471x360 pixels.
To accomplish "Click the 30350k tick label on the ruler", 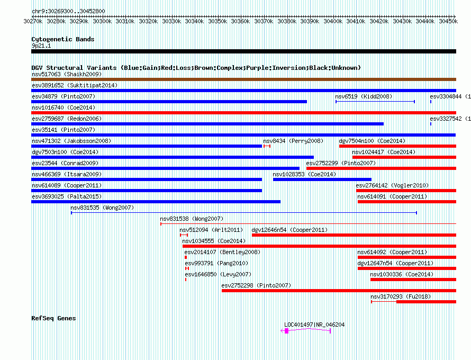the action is [218, 21].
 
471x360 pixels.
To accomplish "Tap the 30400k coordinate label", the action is [333, 21].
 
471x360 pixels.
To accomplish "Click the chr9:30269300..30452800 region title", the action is [68, 12].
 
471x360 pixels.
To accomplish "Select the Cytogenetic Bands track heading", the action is [63, 39].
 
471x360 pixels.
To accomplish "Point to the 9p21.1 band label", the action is [41, 46].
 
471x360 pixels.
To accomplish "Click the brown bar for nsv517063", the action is [243, 79].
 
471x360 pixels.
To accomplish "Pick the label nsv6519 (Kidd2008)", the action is [364, 96].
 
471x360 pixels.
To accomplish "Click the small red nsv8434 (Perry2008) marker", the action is [267, 146].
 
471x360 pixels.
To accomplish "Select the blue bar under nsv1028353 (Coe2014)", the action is [322, 179].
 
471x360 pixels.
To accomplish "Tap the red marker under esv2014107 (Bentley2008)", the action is [186, 257].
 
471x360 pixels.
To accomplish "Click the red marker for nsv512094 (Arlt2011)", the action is [184, 235].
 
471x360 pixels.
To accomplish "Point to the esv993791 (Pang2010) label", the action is [216, 263].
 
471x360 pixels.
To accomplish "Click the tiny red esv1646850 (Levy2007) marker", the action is [186, 280].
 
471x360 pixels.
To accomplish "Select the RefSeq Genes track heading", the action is [53, 318].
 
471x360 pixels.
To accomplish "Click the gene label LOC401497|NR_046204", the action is [314, 325].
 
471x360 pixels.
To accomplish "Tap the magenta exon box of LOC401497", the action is [286, 331].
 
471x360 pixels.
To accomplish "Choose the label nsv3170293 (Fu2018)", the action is [401, 296].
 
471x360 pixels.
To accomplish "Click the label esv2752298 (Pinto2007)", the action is [256, 285].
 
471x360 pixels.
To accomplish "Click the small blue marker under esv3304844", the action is [431, 102].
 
